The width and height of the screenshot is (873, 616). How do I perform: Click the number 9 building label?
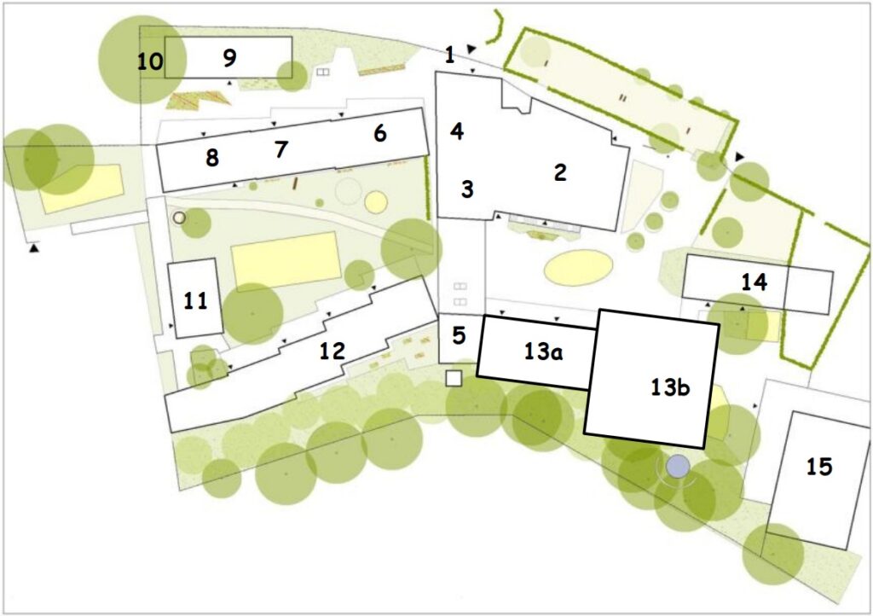(229, 58)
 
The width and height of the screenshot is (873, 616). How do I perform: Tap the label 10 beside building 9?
(150, 61)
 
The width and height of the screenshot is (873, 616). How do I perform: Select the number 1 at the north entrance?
(450, 55)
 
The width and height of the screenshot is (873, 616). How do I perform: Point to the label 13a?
(543, 352)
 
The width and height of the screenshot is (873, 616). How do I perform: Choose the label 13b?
(670, 387)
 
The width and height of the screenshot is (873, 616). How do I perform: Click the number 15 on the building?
(819, 467)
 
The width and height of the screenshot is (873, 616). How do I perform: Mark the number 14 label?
(754, 282)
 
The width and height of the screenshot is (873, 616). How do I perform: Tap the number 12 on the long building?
(332, 351)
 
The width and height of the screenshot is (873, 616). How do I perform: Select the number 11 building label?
(195, 301)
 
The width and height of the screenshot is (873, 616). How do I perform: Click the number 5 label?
(459, 336)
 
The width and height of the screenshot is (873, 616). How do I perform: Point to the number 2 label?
(560, 172)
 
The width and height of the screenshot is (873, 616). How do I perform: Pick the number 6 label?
(379, 134)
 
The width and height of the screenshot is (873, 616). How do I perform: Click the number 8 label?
(212, 158)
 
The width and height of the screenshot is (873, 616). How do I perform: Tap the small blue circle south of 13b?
(678, 466)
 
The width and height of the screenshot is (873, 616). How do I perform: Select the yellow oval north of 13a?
(579, 268)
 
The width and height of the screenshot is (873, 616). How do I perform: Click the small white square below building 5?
(454, 379)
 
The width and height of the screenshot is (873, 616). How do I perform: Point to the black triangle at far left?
(34, 247)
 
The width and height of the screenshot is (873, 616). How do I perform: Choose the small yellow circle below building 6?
(376, 202)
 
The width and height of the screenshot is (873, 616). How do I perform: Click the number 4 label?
(457, 132)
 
